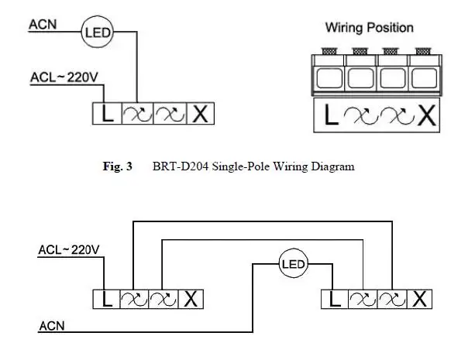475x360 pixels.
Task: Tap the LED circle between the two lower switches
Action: pyautogui.click(x=293, y=264)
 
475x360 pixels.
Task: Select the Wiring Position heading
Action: pyautogui.click(x=369, y=28)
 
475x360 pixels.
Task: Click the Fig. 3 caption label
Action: pyautogui.click(x=118, y=166)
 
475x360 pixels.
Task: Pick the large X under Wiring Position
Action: pyautogui.click(x=426, y=116)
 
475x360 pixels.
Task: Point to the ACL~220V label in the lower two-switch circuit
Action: pyautogui.click(x=68, y=250)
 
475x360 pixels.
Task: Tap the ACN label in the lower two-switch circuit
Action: pyautogui.click(x=52, y=326)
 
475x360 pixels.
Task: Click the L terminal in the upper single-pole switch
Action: pyautogui.click(x=108, y=115)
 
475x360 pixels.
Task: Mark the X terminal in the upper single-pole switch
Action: pyautogui.click(x=199, y=115)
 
